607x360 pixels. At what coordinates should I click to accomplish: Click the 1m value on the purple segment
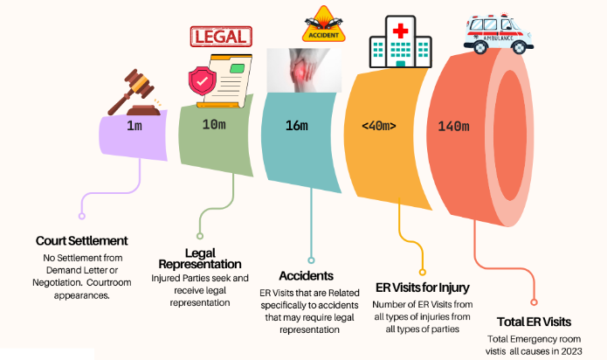[135, 127]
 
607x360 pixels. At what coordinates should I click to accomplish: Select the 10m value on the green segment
[215, 126]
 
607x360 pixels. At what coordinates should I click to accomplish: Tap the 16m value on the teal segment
[297, 126]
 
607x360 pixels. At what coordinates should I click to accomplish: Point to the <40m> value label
[378, 126]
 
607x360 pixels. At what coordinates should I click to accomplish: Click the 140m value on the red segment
[454, 126]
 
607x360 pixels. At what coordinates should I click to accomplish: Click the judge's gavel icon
[135, 92]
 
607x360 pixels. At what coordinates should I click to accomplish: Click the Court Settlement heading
[82, 240]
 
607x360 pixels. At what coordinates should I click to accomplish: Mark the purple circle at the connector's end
[81, 214]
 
